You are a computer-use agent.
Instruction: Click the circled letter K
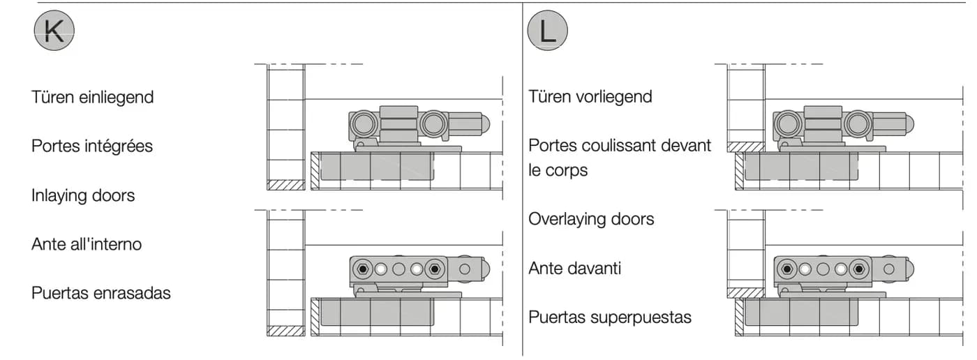tap(54, 31)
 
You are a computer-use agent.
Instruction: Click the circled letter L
tap(547, 31)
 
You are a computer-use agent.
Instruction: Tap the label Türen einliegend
tap(92, 97)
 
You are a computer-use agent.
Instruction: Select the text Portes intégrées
tap(92, 146)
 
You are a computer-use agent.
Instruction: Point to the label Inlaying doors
tap(83, 195)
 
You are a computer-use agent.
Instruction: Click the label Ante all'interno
tap(87, 244)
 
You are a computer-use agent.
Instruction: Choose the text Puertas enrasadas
tap(100, 293)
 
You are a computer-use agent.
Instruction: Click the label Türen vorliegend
tap(590, 97)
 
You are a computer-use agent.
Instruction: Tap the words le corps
tap(558, 170)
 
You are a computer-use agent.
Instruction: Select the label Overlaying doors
tap(591, 219)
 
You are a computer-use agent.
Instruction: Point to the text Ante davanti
tap(574, 268)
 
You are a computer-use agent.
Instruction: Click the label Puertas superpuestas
tap(610, 317)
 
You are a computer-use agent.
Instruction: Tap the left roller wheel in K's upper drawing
tap(363, 123)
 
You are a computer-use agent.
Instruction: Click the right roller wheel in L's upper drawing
tap(858, 123)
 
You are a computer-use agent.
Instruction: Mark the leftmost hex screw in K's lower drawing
tap(362, 269)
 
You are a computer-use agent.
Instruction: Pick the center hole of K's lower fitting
tap(398, 269)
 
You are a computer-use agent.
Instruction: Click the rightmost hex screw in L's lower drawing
tap(858, 269)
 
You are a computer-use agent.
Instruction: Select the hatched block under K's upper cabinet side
tap(285, 185)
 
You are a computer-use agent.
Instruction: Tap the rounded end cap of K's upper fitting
tap(484, 123)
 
